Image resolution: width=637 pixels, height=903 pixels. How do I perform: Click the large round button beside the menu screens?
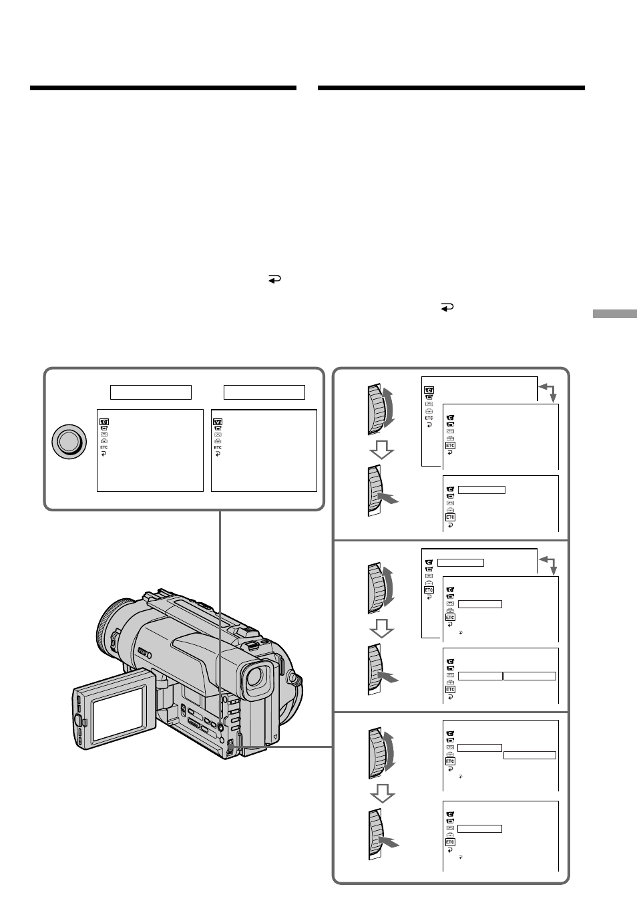click(69, 441)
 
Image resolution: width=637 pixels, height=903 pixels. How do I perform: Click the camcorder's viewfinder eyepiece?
click(256, 676)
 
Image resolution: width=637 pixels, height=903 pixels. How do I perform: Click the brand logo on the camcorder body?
click(144, 652)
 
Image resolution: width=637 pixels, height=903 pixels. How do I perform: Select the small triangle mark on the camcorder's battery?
click(274, 737)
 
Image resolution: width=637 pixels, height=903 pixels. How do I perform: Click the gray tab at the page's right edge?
click(615, 313)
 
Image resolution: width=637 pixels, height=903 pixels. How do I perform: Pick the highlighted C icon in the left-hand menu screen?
click(104, 422)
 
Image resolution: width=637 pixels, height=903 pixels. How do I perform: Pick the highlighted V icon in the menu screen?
click(218, 422)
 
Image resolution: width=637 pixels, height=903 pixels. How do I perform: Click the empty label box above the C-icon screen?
click(151, 392)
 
